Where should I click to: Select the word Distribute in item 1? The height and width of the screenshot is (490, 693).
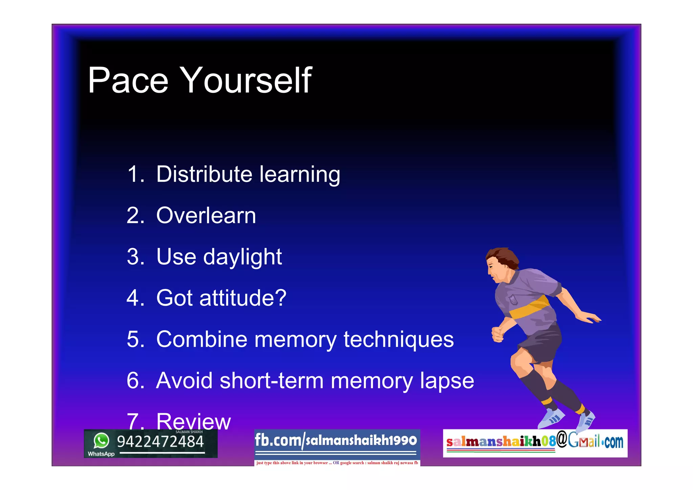click(204, 174)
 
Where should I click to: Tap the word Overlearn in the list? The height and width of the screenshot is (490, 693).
click(206, 216)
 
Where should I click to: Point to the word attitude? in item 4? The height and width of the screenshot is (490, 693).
click(243, 298)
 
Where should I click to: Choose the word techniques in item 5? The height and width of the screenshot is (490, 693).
click(398, 339)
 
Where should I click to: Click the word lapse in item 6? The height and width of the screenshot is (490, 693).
click(447, 381)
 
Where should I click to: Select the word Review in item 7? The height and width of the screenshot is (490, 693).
click(194, 421)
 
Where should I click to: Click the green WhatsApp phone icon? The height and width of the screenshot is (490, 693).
click(101, 441)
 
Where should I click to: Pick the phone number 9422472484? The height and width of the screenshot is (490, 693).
click(160, 442)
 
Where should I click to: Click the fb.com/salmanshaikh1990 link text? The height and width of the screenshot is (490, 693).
click(336, 440)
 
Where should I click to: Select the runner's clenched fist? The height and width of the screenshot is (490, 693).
click(497, 334)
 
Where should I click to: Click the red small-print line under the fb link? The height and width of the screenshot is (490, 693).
click(337, 463)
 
